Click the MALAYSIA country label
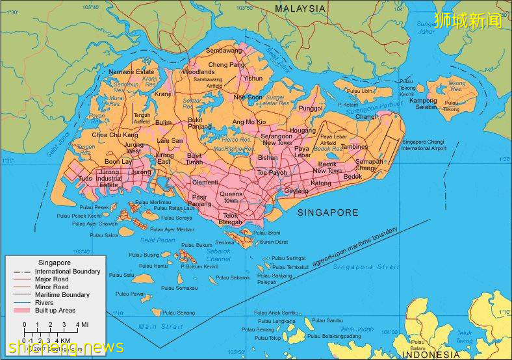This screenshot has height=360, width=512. pyautogui.click(x=300, y=8)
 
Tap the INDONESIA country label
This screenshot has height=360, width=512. pyautogui.click(x=430, y=354)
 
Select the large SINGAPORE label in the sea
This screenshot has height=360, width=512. pyautogui.click(x=327, y=212)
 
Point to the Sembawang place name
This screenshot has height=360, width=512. pyautogui.click(x=223, y=50)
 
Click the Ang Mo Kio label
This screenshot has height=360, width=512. pyautogui.click(x=249, y=122)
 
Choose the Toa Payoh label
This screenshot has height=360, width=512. pyautogui.click(x=272, y=173)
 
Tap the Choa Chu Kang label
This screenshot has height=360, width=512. pyautogui.click(x=115, y=135)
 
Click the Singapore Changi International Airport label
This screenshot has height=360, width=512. pyautogui.click(x=424, y=145)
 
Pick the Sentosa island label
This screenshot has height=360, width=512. pyautogui.click(x=224, y=242)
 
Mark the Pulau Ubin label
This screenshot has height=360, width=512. pyautogui.click(x=360, y=92)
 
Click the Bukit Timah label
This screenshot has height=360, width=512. pyautogui.click(x=194, y=159)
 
